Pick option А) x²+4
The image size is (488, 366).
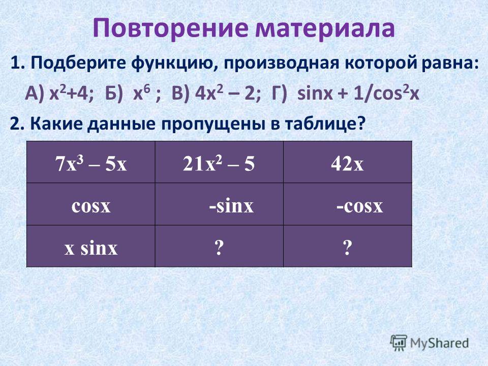pyautogui.click(x=59, y=93)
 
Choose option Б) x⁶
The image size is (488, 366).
pyautogui.click(x=133, y=93)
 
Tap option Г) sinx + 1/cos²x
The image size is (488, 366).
pyautogui.click(x=345, y=93)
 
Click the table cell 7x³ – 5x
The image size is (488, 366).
pyautogui.click(x=90, y=162)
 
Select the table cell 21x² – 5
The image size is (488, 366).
pyautogui.click(x=219, y=162)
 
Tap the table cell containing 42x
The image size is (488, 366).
pyautogui.click(x=348, y=162)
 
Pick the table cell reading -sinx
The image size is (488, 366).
pyautogui.click(x=219, y=204)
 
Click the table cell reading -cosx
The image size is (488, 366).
pyautogui.click(x=348, y=204)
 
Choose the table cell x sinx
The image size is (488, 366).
pyautogui.click(x=90, y=246)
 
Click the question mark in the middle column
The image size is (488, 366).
pyautogui.click(x=219, y=248)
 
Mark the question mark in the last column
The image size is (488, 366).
pyautogui.click(x=348, y=248)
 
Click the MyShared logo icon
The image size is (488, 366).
pyautogui.click(x=399, y=343)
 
